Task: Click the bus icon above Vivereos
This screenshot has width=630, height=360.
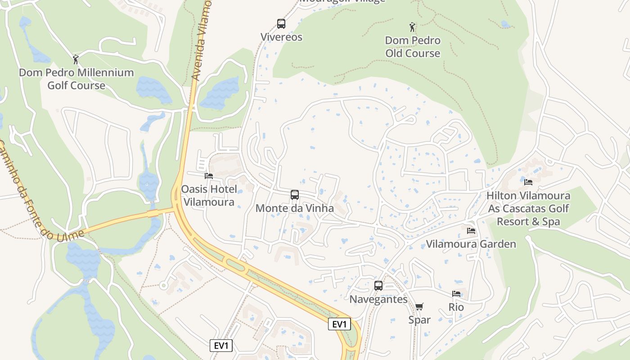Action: pos(281,24)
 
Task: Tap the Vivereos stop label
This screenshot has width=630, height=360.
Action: pos(281,37)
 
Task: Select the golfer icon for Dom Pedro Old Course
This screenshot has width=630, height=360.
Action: pos(413,27)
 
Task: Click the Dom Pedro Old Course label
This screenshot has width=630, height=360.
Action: pos(413,47)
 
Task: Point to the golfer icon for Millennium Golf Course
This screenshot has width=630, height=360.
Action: pos(76,59)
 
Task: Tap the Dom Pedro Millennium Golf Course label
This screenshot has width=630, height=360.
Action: pos(76,79)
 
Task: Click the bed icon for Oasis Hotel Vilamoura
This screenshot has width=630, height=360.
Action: pos(208,176)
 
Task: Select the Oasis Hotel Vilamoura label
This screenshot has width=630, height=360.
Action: pos(208,195)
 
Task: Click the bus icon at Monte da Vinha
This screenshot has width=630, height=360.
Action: pos(295,195)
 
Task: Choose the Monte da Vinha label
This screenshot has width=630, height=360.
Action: pos(295,208)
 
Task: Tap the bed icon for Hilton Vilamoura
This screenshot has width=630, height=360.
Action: pos(528,182)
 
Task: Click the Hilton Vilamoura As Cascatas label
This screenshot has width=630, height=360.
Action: pos(528,208)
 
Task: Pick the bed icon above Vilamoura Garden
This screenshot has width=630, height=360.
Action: pos(471,231)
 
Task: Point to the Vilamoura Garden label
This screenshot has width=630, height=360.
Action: pos(471,244)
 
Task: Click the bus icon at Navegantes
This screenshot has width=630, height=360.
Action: pos(378,286)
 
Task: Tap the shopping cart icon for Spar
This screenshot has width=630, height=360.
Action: pos(419,307)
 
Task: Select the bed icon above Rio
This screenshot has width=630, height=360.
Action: pos(456,294)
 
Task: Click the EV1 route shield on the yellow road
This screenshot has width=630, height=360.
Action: pos(339,324)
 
